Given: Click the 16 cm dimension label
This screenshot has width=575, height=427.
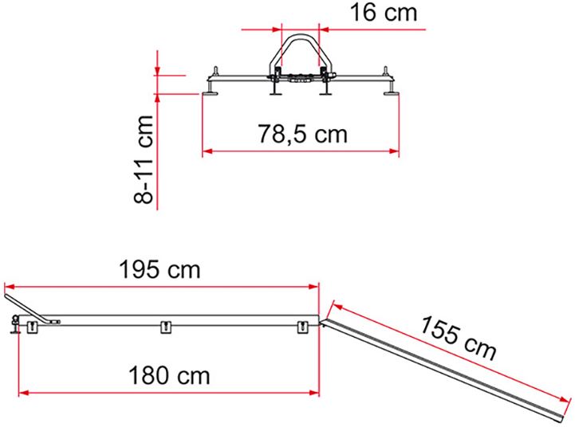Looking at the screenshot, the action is [x=384, y=13].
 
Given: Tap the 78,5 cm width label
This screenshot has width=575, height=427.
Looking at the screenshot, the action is [x=302, y=134].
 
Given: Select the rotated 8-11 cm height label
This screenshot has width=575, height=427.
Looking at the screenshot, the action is [x=144, y=159].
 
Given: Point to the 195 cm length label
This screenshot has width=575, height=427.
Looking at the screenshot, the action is [x=160, y=270].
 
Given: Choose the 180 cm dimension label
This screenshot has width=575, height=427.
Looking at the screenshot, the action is [x=169, y=375].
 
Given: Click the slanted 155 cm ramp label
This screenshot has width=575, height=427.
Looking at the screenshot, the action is [x=458, y=337].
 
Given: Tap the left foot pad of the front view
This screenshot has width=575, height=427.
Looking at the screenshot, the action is [x=210, y=94].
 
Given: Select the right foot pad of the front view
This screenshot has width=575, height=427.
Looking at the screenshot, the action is [x=391, y=94].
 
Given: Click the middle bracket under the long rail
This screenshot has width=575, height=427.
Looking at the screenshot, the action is [x=166, y=327].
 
